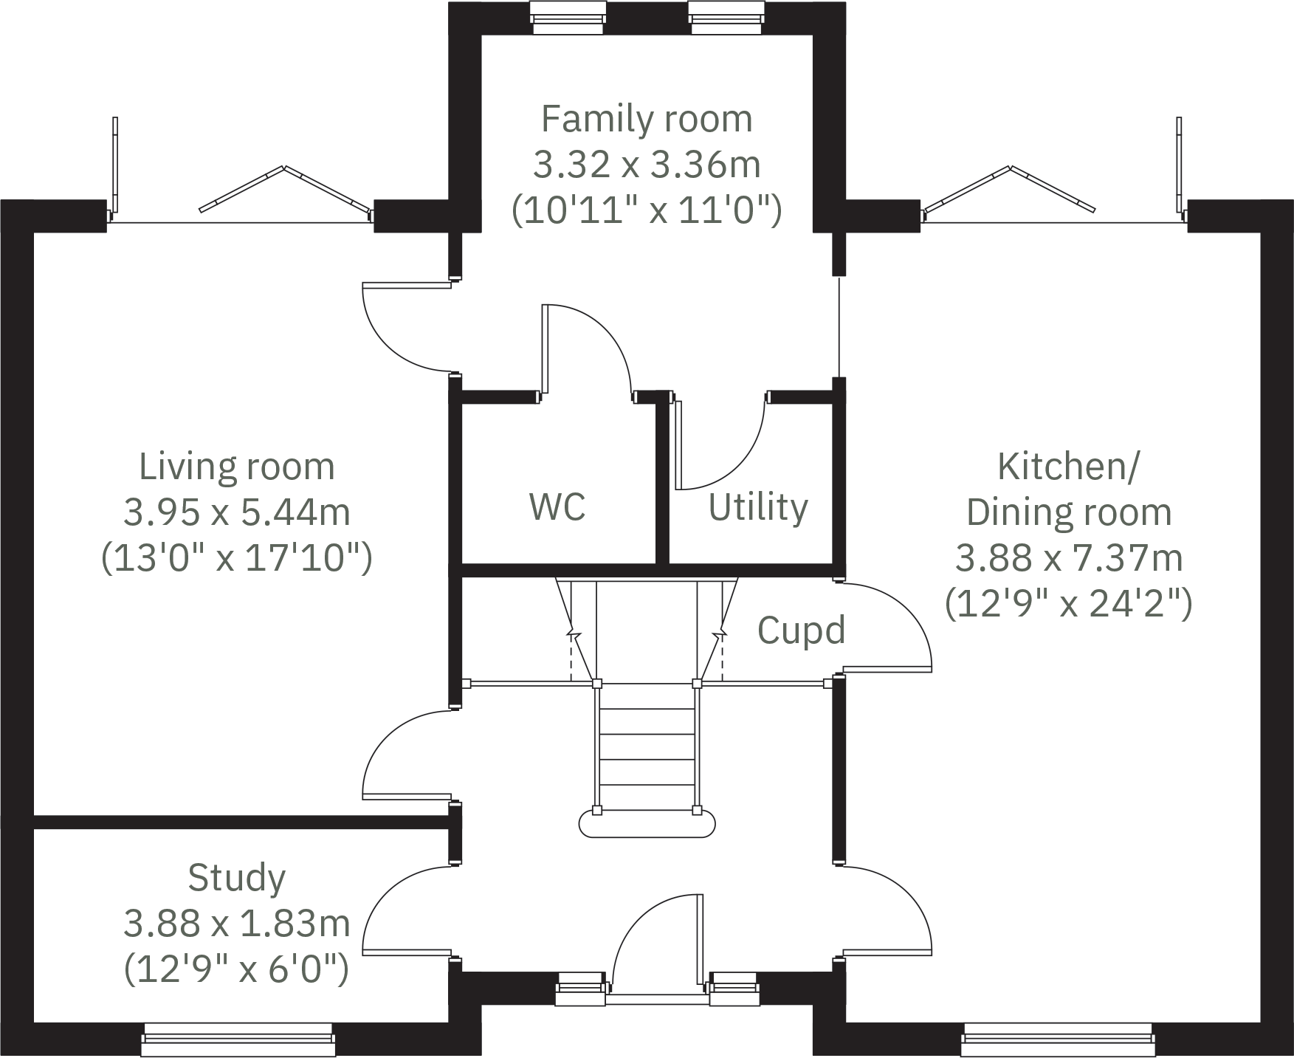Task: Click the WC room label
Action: [x=557, y=506]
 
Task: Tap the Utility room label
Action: [x=758, y=507]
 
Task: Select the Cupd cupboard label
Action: [x=801, y=630]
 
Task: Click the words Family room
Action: [x=647, y=119]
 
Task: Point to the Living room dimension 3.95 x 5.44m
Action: [x=236, y=512]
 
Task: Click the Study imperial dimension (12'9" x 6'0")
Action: [x=236, y=968]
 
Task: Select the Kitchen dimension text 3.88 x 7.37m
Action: [x=1068, y=557]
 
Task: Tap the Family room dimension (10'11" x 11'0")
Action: [x=647, y=210]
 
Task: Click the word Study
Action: [x=236, y=878]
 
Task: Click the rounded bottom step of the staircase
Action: [x=647, y=822]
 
